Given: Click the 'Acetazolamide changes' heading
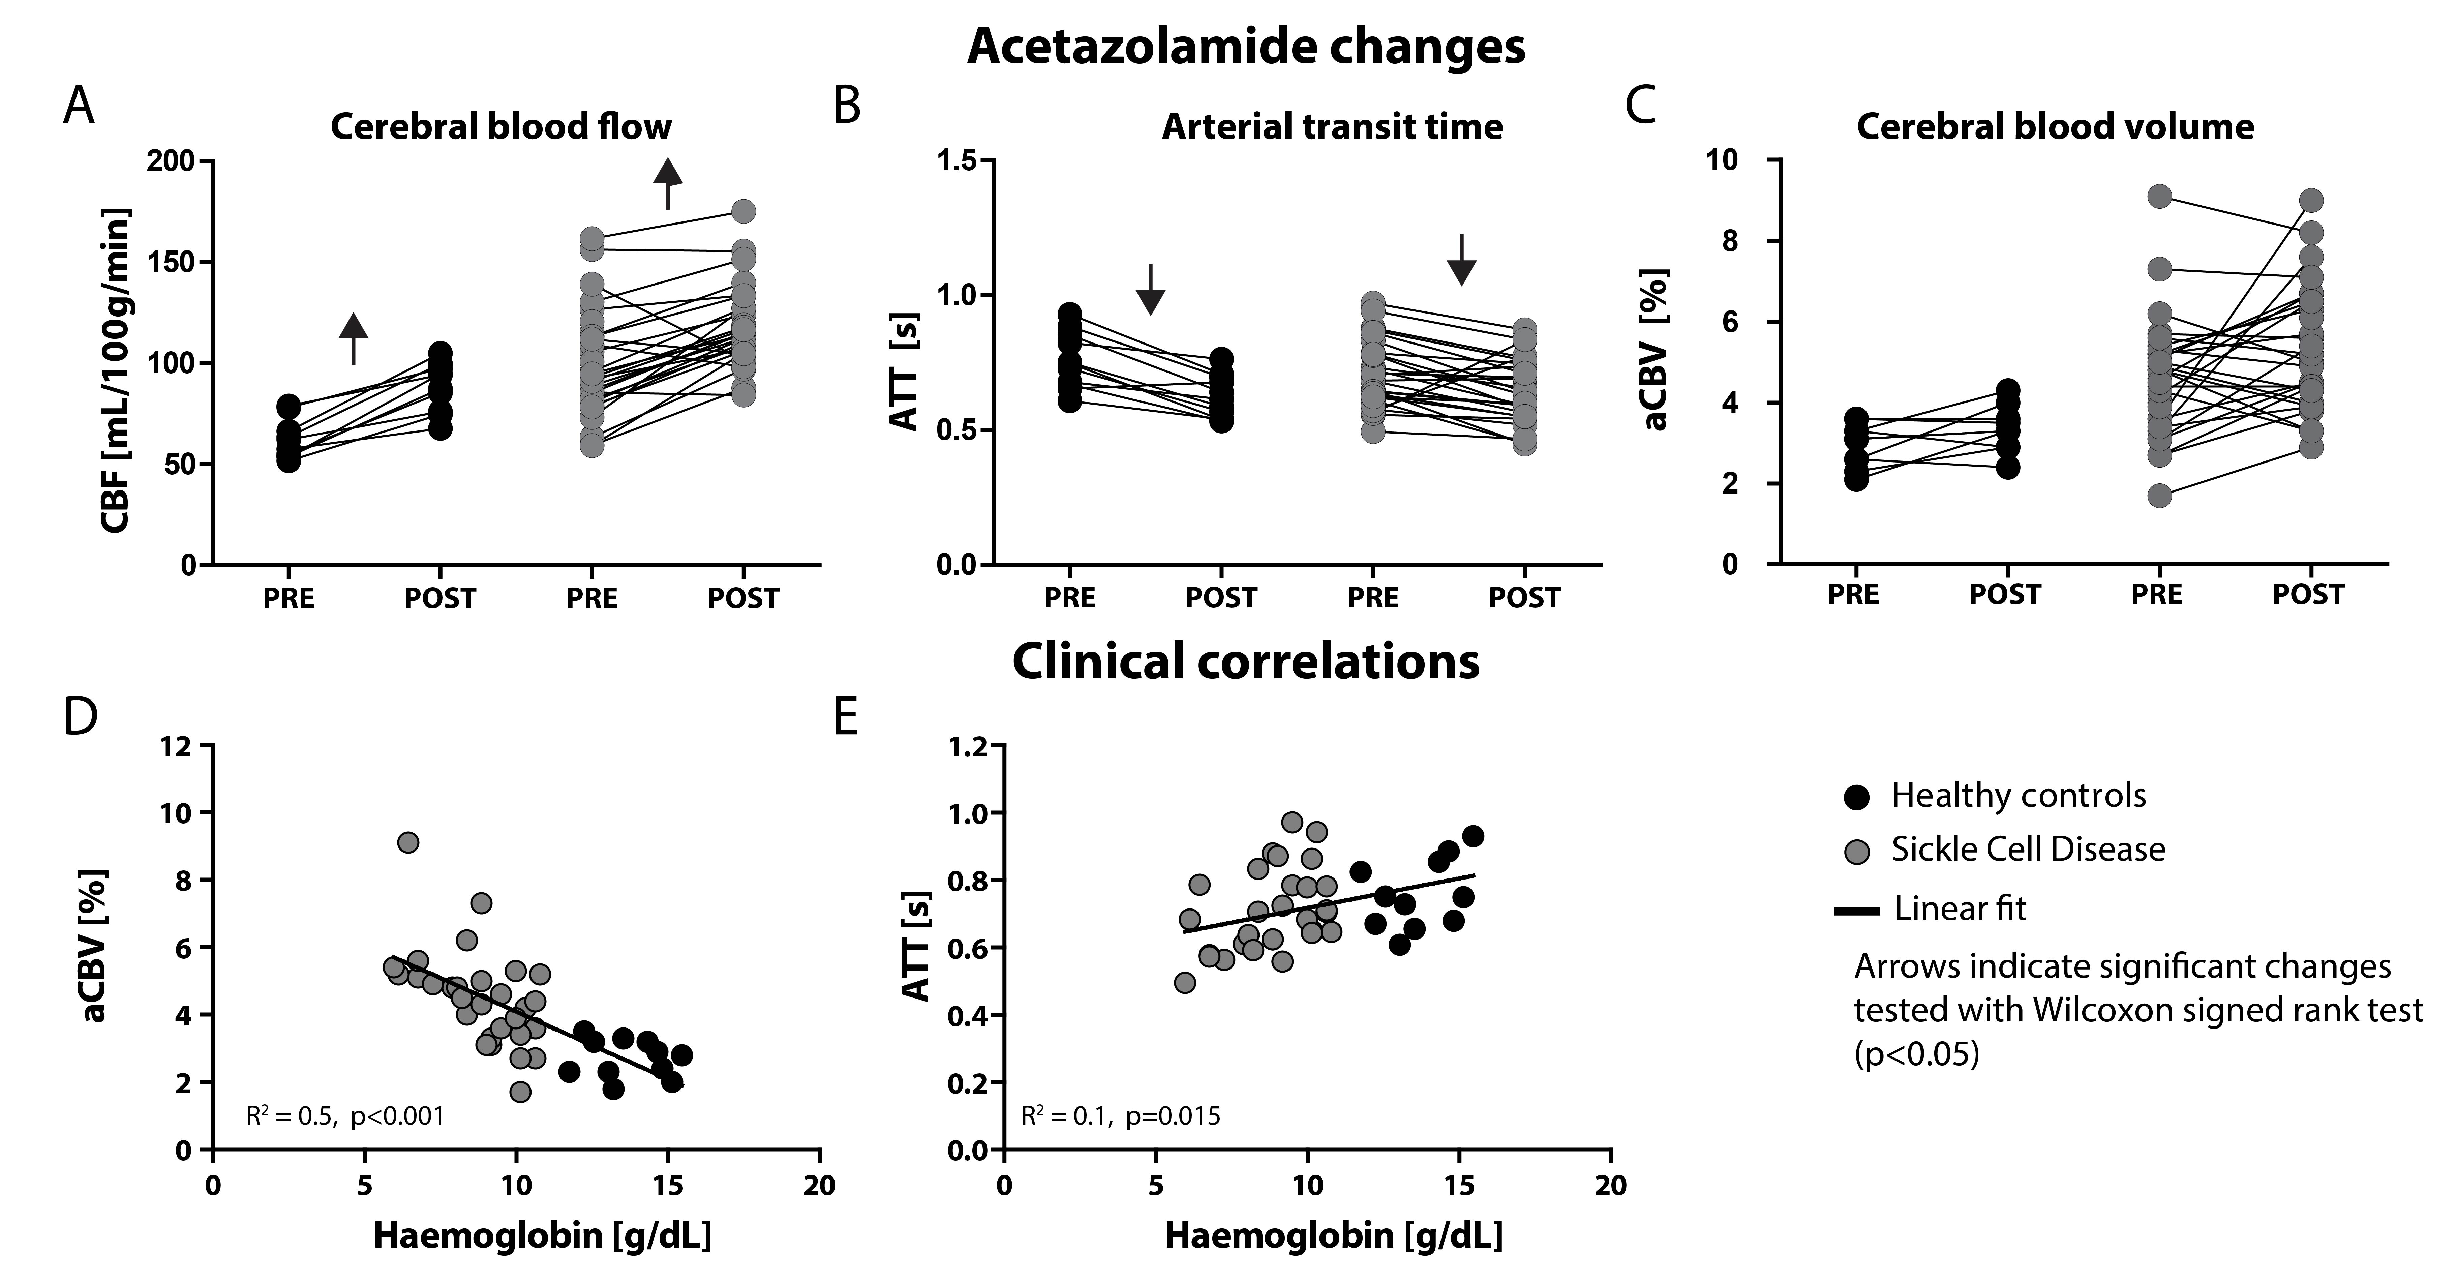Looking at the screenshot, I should pos(1246,46).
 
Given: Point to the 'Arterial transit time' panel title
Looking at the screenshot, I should pos(1332,127).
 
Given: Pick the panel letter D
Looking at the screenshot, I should pos(80,717).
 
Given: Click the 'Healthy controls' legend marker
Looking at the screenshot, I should pos(1855,796).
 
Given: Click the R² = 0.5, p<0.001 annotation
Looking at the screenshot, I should pos(345,1116).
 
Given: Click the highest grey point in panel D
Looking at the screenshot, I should pos(408,842).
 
